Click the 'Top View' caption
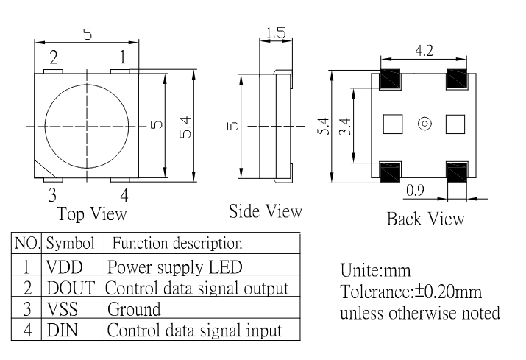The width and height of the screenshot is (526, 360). pos(91,214)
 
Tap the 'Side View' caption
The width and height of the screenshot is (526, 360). pos(265,211)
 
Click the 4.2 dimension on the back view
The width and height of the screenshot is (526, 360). pos(424,51)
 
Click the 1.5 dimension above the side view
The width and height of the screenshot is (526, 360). pos(277,33)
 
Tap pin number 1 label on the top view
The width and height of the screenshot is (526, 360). pos(122,57)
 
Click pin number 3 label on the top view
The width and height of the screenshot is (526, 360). pos(52,195)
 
